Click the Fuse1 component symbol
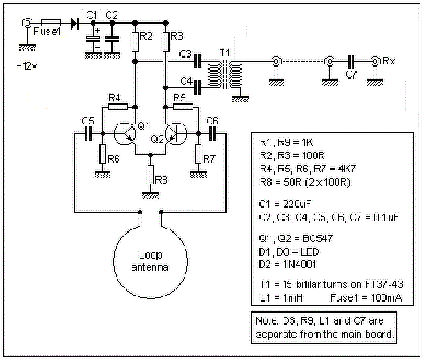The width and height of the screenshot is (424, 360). tap(50, 23)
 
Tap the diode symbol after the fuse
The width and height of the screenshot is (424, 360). tap(75, 23)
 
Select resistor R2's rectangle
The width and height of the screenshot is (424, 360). tap(135, 41)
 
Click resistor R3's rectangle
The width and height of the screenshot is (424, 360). tap(166, 41)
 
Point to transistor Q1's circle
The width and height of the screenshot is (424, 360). tap(125, 133)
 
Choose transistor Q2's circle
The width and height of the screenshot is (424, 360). tap(176, 133)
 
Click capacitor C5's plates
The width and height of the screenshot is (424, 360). tap(88, 134)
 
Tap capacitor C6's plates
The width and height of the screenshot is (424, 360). tap(213, 134)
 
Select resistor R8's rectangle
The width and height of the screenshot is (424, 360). tap(150, 175)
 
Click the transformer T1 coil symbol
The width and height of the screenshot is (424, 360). tap(225, 74)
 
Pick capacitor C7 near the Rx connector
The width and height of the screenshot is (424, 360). tap(352, 62)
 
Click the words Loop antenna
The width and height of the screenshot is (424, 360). tap(150, 261)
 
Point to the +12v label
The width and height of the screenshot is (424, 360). tap(27, 66)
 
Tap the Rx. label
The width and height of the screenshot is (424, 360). tap(390, 61)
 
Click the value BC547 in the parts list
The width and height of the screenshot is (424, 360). tap(318, 238)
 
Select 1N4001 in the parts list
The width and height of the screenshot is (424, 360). tap(299, 265)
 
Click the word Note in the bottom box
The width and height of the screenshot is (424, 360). tap(266, 320)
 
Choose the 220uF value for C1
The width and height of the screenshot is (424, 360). tap(297, 204)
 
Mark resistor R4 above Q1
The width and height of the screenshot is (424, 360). tap(117, 107)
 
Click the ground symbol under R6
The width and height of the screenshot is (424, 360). tap(102, 175)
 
